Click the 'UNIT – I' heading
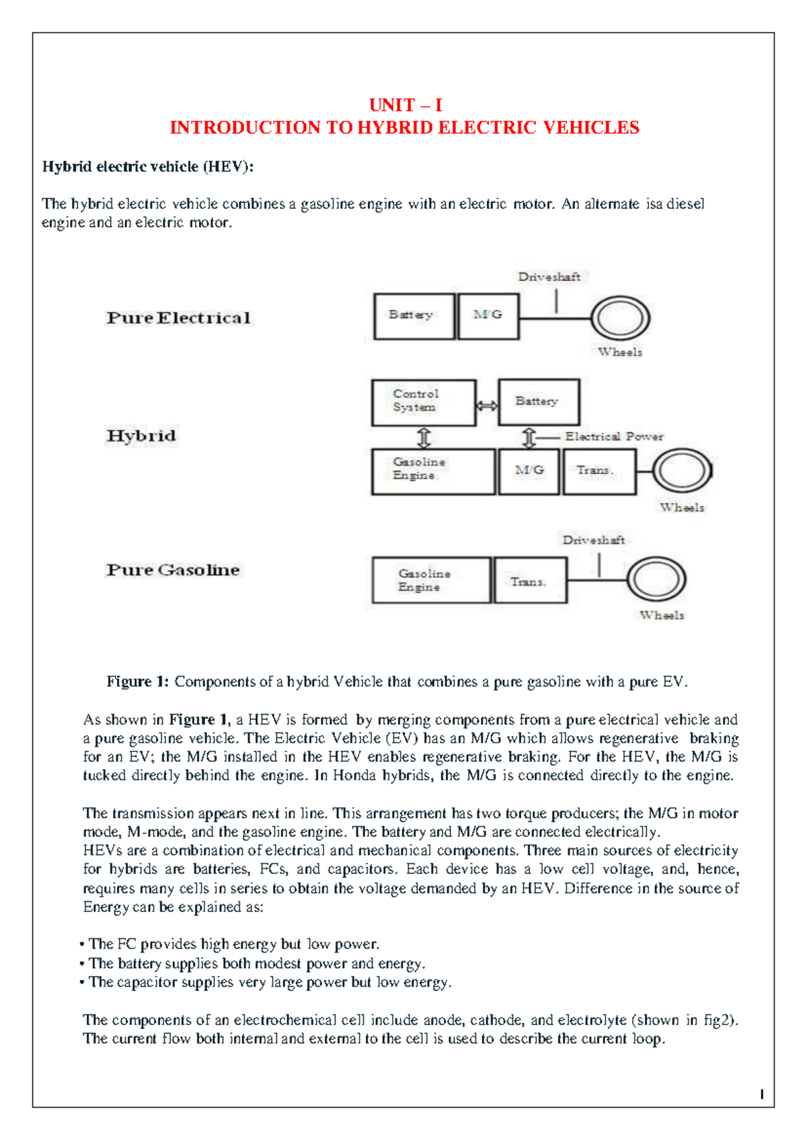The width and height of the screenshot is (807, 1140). click(406, 105)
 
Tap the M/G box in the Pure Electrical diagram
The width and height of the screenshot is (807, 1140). click(488, 316)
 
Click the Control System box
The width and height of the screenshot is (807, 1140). click(424, 402)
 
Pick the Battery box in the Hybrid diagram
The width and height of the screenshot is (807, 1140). click(539, 402)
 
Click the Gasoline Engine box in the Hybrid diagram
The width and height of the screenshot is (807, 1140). click(433, 471)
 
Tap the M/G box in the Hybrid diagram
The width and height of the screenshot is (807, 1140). click(529, 471)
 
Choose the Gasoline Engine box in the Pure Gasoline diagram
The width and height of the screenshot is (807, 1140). click(431, 580)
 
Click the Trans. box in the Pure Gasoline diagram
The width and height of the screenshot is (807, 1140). click(530, 580)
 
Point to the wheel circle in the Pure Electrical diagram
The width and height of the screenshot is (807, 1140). click(619, 318)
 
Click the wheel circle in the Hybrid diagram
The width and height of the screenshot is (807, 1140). click(682, 471)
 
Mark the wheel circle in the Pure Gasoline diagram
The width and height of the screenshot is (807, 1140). click(656, 580)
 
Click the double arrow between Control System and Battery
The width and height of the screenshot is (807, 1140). click(487, 405)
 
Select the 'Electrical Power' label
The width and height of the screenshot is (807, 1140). click(614, 437)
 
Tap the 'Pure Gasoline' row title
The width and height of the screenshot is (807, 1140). click(173, 570)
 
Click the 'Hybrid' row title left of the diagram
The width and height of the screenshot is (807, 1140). click(141, 436)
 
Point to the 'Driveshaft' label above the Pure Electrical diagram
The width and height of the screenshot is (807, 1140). click(549, 277)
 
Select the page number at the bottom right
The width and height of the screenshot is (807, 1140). click(761, 1094)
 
